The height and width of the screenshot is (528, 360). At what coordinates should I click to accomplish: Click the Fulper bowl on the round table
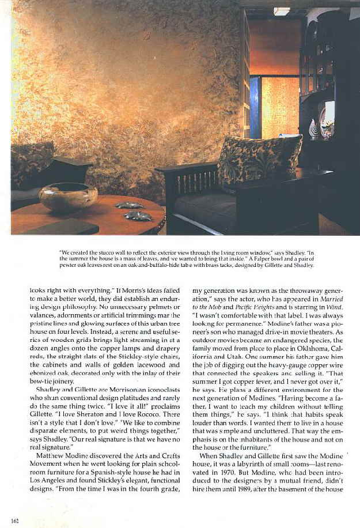[68, 196]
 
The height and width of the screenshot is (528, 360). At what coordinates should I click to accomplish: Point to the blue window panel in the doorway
[255, 107]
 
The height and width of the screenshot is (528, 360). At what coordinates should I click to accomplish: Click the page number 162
[15, 521]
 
